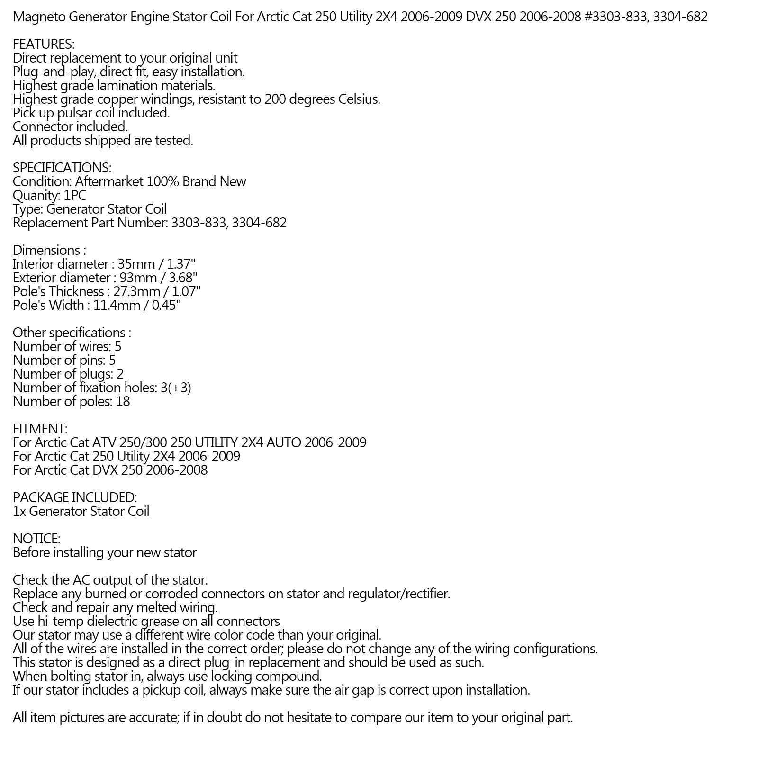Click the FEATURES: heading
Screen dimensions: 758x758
pos(44,45)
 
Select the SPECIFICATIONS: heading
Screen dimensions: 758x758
pos(62,168)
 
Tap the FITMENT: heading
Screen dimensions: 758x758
pos(40,429)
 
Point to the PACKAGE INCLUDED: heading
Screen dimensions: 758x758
pos(75,498)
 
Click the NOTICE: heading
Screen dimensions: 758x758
pos(36,539)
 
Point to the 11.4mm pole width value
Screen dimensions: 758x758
pos(117,306)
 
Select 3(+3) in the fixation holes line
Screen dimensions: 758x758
pos(176,388)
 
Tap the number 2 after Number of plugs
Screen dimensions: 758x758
pos(120,374)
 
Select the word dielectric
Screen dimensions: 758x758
pos(118,622)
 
